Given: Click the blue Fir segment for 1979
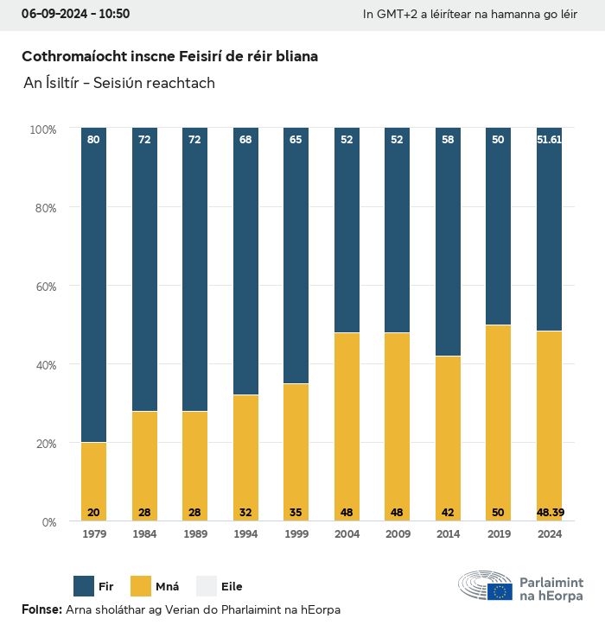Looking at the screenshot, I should (x=93, y=285).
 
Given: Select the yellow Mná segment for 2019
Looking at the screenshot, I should (x=499, y=423).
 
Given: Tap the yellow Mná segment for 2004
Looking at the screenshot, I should (x=347, y=426).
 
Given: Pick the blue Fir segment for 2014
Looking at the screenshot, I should (x=448, y=242).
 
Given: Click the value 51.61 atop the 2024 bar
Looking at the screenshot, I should (x=550, y=139).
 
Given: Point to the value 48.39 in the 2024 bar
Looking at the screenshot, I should (x=550, y=513).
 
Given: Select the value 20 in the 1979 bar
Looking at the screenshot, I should (x=93, y=513).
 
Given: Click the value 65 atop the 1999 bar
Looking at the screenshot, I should (x=296, y=139).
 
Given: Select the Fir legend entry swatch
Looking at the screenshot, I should (x=85, y=586).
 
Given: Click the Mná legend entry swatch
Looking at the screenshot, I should (x=141, y=586).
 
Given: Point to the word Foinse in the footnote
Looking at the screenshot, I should (x=41, y=610).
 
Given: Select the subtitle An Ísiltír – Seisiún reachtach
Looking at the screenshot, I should (x=119, y=83).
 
